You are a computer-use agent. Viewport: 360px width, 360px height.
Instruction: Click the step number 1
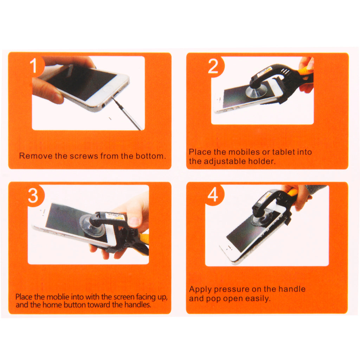[33, 65]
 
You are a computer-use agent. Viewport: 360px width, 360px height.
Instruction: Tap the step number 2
[213, 66]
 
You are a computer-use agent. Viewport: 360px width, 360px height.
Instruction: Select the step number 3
[33, 196]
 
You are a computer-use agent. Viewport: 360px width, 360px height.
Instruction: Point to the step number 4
[213, 195]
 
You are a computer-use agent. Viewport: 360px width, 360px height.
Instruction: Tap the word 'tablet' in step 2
[284, 152]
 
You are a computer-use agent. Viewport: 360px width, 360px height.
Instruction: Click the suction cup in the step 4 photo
[259, 221]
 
